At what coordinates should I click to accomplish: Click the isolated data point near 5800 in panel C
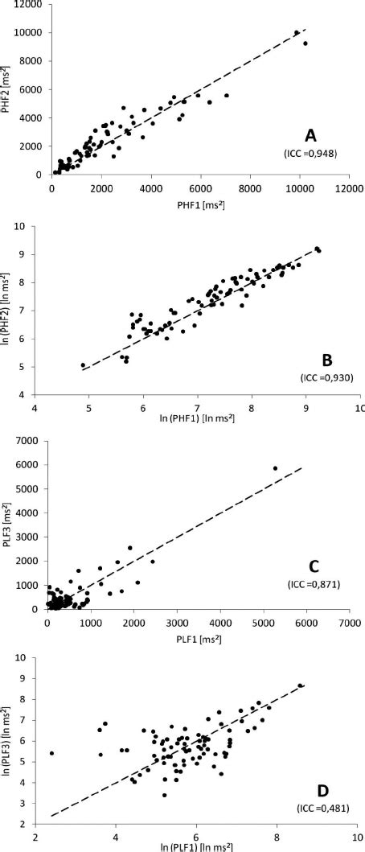[275, 468]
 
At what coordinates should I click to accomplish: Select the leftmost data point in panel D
[51, 753]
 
